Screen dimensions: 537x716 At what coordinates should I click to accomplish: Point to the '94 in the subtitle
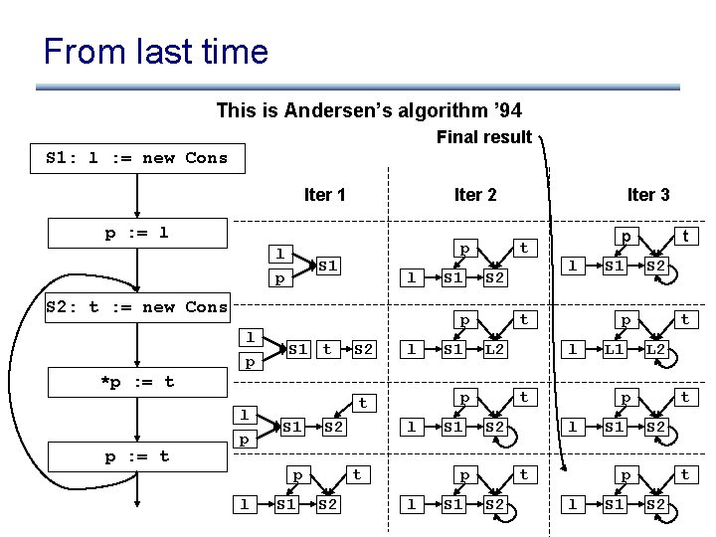(x=503, y=110)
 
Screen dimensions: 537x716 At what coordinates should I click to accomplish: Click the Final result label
(x=484, y=137)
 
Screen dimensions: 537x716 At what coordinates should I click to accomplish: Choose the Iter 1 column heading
(x=324, y=194)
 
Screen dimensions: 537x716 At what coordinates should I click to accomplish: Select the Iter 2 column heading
(x=474, y=194)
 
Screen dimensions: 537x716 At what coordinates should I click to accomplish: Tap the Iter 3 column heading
(x=647, y=194)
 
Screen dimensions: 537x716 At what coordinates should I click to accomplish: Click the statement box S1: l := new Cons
(x=137, y=157)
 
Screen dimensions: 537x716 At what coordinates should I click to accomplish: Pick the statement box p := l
(x=137, y=233)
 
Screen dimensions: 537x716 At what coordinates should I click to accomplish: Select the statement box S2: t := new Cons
(x=137, y=306)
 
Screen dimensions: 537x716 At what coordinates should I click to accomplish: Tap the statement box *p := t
(x=137, y=381)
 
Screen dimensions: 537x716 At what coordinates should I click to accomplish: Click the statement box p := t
(x=137, y=456)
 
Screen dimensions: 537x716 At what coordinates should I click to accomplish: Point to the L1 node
(x=615, y=349)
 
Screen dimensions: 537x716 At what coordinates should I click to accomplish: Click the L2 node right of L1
(x=656, y=349)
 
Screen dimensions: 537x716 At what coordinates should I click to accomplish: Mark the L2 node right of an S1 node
(x=495, y=349)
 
